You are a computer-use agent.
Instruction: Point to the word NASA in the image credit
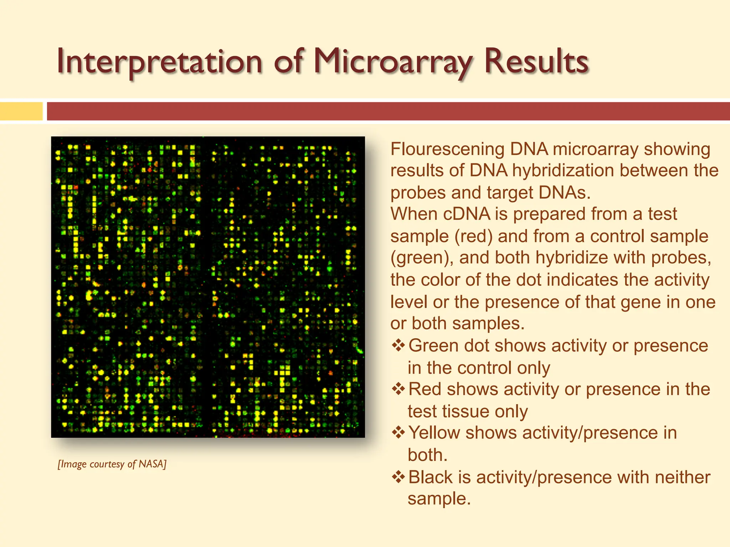click(152, 464)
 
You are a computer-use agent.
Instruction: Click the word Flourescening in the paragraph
click(447, 149)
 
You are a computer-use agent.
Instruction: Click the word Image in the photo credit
click(73, 464)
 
